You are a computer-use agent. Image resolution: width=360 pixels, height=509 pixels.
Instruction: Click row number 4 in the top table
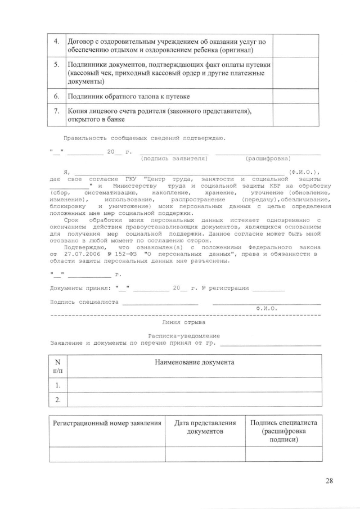click(x=56, y=42)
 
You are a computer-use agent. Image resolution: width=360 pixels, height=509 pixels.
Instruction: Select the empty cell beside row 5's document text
click(x=295, y=73)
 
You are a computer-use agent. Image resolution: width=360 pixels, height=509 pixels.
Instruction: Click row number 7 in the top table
click(x=56, y=111)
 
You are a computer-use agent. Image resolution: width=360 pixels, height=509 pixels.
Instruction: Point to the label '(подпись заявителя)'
click(x=173, y=159)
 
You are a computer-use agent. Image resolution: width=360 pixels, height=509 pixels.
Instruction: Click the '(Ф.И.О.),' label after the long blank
click(x=304, y=172)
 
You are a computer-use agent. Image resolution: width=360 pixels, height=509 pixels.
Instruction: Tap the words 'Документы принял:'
click(x=80, y=288)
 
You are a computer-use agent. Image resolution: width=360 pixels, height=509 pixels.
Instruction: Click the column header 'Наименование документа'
click(x=194, y=362)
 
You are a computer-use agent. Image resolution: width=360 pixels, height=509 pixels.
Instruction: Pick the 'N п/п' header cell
click(x=58, y=366)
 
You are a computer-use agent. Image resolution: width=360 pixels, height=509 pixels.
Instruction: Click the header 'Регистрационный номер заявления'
click(x=107, y=423)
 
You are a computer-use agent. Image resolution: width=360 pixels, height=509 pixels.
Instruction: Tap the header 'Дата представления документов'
click(x=205, y=427)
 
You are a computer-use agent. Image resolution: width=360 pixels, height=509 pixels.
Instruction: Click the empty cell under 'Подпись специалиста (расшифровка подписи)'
click(x=283, y=453)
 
